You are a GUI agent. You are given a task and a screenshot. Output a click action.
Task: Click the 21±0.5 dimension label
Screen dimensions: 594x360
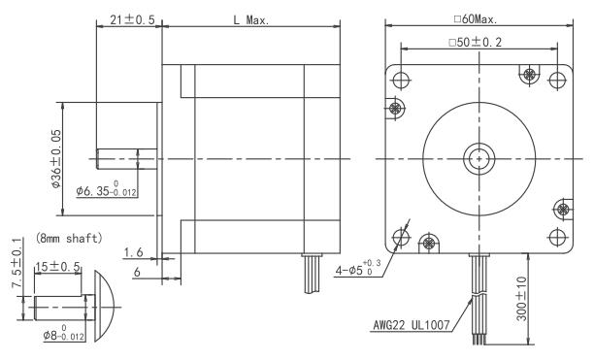[132, 19]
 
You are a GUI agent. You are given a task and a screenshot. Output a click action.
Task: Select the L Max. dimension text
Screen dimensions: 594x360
[250, 20]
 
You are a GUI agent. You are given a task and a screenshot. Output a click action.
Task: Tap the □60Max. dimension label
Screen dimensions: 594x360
[476, 19]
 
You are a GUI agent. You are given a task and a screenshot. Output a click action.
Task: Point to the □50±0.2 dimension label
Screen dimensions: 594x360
[475, 42]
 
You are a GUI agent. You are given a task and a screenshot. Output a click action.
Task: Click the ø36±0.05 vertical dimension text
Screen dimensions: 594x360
[55, 159]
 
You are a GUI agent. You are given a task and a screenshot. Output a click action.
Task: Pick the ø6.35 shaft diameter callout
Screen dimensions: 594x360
[106, 189]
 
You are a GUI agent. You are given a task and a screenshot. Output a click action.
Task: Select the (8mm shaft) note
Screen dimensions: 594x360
[69, 238]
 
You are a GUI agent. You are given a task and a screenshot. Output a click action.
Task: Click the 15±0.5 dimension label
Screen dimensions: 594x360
[57, 267]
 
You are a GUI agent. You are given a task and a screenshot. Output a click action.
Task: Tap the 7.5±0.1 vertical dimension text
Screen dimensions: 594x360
[17, 263]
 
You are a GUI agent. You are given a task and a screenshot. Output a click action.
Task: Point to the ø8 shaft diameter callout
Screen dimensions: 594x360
[64, 333]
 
